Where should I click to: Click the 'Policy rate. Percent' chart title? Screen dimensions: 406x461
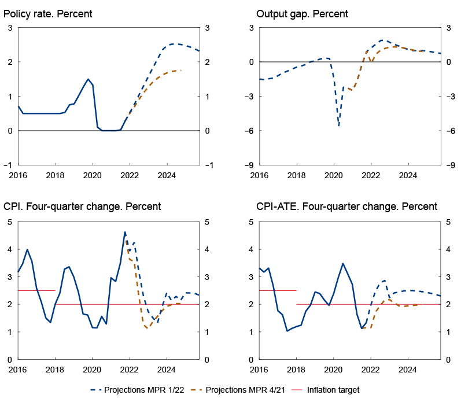coord(47,13)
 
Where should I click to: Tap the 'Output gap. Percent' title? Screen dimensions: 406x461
coord(302,13)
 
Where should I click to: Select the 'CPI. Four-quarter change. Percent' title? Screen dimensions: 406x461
coord(82,206)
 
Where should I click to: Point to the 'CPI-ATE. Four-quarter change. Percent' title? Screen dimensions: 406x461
coord(346,206)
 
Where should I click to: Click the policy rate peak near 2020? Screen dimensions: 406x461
coord(88,79)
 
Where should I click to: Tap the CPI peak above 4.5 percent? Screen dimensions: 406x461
coord(125,232)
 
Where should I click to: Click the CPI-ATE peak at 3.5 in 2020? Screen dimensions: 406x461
coord(342,263)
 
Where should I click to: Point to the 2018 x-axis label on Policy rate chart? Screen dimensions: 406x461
coord(55,175)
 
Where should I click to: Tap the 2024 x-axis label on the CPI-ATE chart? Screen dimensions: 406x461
coord(408,369)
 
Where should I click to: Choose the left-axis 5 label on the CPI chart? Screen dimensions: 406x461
coord(10,222)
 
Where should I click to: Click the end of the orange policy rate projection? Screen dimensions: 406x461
coord(181,70)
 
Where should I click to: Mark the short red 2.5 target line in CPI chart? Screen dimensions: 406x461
coord(36,290)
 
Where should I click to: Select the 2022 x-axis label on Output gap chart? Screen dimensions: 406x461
coord(370,175)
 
